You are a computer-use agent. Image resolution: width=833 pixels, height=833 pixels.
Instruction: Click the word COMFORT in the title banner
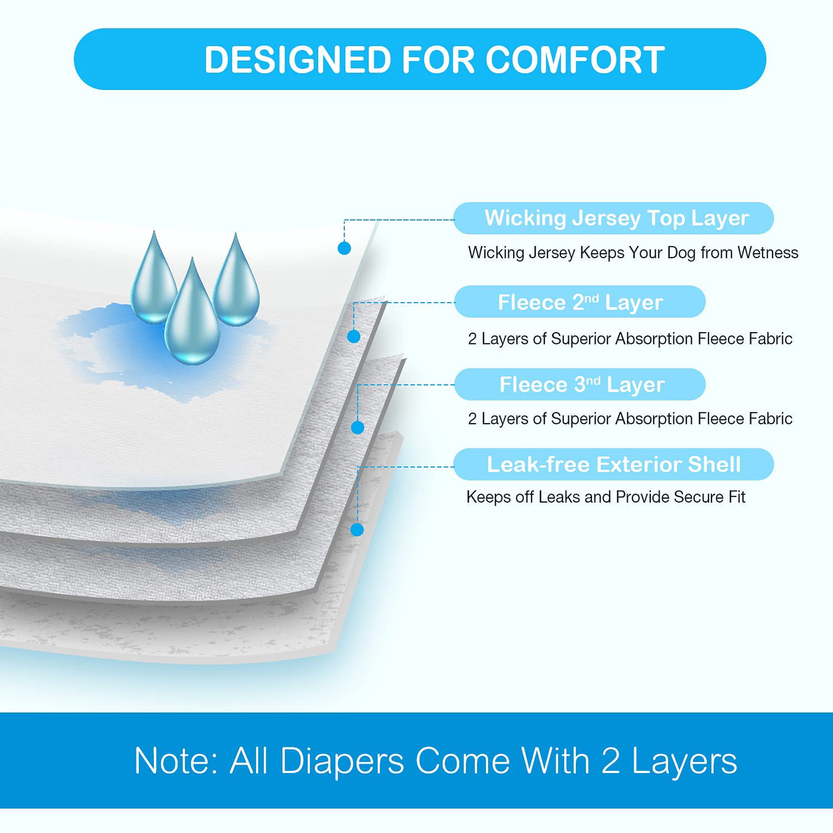point(575,59)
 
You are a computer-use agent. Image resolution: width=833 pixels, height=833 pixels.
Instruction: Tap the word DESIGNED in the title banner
point(298,59)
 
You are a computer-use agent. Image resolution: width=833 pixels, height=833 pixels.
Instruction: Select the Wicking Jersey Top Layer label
point(613,218)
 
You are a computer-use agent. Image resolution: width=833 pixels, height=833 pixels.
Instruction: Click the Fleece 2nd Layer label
point(580,301)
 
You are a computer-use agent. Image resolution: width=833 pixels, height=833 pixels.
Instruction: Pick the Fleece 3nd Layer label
point(580,385)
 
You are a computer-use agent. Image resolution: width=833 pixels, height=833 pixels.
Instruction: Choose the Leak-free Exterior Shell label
point(613,464)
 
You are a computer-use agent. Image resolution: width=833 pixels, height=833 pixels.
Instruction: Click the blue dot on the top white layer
point(344,248)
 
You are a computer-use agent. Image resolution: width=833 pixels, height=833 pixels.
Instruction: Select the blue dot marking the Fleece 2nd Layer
point(353,336)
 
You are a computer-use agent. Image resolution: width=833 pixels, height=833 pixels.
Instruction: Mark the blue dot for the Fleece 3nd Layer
point(357,428)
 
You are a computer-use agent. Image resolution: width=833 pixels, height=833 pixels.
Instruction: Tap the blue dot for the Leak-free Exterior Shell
point(357,530)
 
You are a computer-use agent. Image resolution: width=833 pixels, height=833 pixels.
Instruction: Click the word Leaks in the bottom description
point(559,497)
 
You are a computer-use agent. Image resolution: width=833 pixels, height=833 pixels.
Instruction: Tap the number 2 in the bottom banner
point(610,772)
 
